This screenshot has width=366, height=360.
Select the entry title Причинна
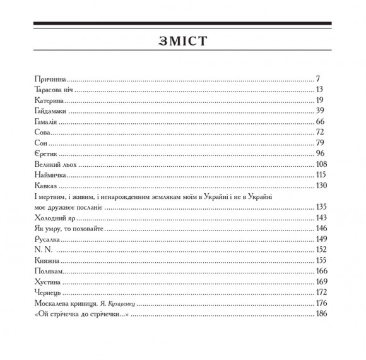49,80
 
